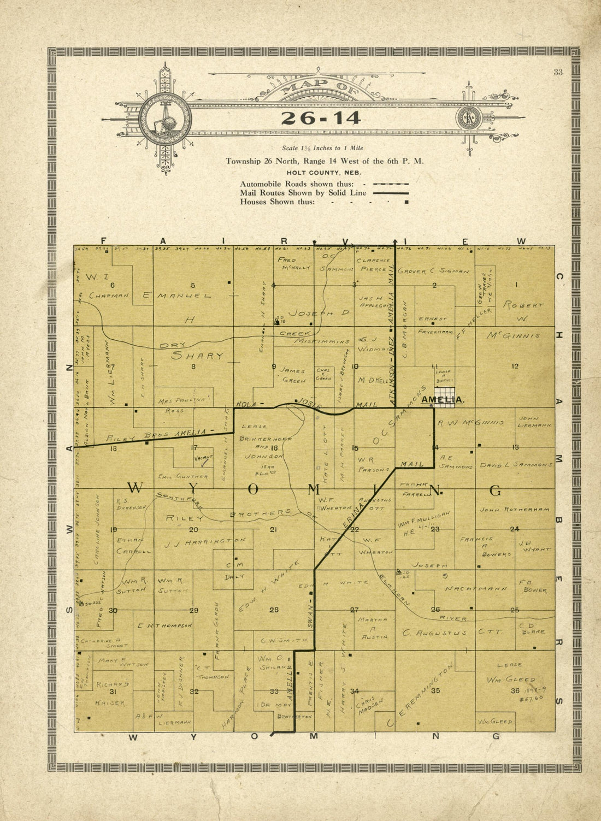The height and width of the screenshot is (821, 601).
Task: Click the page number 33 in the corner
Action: [557, 73]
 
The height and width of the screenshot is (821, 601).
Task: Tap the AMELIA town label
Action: [443, 400]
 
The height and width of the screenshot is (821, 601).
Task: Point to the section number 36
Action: [515, 691]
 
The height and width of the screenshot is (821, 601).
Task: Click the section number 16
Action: [274, 448]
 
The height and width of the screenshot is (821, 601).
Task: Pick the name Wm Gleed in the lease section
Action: [511, 680]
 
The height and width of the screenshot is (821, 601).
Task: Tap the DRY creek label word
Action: [175, 345]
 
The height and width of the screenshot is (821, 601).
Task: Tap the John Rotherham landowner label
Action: [514, 509]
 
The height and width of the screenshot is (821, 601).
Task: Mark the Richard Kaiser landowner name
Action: [112, 693]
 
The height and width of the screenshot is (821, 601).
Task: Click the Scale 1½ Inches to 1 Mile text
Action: [322, 148]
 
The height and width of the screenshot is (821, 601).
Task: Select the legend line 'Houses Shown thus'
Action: [278, 202]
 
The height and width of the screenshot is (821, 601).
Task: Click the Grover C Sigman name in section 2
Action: [433, 271]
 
